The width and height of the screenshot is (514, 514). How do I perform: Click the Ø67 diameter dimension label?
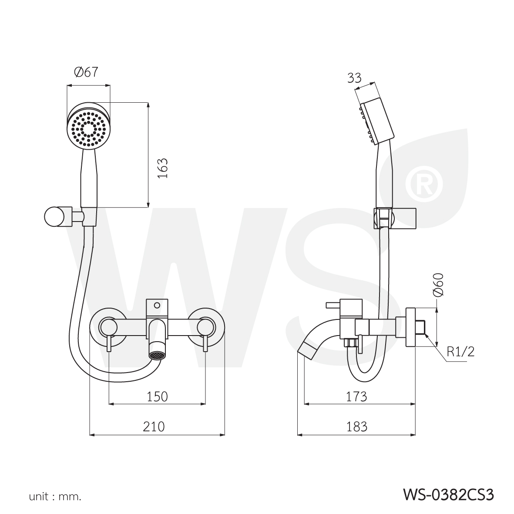[x=86, y=72]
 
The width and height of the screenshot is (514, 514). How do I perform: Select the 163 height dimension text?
[x=163, y=168]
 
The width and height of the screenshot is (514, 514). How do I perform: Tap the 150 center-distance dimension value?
[x=157, y=396]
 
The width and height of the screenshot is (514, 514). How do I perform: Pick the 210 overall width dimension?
[x=154, y=427]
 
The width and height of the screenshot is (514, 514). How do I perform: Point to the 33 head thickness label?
[x=354, y=78]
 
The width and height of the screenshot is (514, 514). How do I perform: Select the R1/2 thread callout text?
[x=460, y=352]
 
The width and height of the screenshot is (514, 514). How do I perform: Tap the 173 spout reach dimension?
[x=356, y=396]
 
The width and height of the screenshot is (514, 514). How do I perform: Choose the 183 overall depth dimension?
[x=356, y=427]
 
